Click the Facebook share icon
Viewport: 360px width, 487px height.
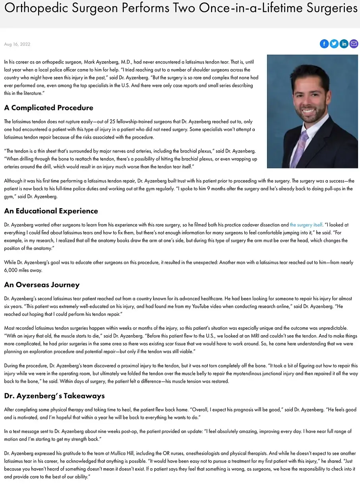click(324, 44)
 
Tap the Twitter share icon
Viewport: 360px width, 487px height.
click(334, 44)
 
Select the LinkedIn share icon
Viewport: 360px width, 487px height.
click(344, 44)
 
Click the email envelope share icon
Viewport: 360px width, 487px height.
click(354, 44)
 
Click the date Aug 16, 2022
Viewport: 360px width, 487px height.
click(17, 44)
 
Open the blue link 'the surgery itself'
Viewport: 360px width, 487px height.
click(306, 225)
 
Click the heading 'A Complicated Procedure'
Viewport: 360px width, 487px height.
click(48, 108)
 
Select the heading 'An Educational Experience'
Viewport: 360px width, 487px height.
click(51, 211)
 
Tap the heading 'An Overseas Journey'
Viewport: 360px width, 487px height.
click(42, 285)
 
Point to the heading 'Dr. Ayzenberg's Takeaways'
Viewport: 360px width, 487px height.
click(54, 396)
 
